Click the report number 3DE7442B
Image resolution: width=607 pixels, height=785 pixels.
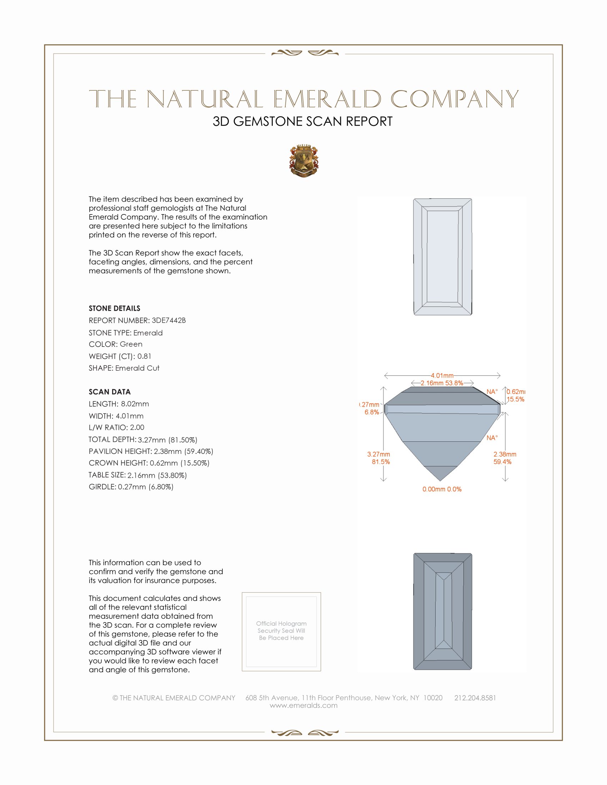point(169,320)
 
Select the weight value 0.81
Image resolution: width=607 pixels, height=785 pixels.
point(144,356)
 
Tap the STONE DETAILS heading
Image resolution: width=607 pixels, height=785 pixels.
point(114,308)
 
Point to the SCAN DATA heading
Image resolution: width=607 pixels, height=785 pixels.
point(110,392)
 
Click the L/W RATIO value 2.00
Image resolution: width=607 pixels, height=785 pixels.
point(137,427)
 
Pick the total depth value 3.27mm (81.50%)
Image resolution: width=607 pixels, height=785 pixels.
point(167,440)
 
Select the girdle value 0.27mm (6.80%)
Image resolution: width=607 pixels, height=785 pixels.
point(146,487)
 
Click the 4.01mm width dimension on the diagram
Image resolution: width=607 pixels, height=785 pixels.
point(442,376)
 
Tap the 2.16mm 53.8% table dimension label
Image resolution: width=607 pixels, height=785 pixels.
point(442,383)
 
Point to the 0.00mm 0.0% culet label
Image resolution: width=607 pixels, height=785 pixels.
point(442,489)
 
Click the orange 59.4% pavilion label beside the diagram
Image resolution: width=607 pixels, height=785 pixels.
point(502,462)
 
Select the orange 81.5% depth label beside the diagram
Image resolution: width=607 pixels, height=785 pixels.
point(381,462)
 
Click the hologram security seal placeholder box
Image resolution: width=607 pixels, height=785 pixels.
point(281,632)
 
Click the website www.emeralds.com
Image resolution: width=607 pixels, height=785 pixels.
point(303,705)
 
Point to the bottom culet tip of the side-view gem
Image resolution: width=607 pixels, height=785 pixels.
point(440,481)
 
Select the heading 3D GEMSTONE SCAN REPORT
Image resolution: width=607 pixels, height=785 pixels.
point(302,121)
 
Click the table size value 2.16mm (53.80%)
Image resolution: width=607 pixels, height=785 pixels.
point(157,475)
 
